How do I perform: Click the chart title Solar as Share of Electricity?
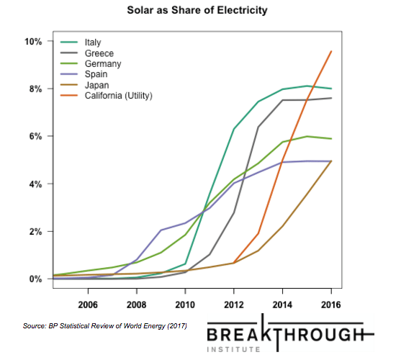point(197,11)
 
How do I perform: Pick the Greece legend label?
point(99,53)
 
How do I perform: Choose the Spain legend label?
point(96,74)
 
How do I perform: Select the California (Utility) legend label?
point(119,96)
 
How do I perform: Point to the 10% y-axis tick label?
point(33,42)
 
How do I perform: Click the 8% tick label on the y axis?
point(35,89)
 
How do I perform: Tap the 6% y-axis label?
point(35,136)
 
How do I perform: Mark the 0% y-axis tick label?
point(35,279)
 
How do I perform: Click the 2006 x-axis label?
point(88,305)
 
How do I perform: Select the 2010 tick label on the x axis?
point(185,305)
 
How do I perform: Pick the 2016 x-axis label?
point(331,305)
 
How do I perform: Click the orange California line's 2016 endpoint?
point(331,51)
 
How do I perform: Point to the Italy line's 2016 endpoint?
point(331,89)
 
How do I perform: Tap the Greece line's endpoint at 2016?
point(331,98)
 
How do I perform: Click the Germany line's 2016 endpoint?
point(331,139)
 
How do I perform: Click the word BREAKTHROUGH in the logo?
point(285,335)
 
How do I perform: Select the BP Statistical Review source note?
point(105,326)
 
